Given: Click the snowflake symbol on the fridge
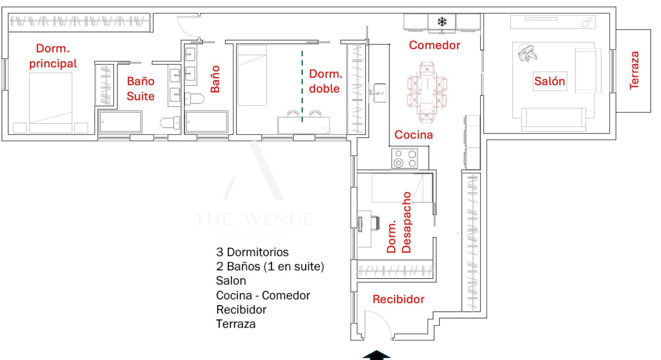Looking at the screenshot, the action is click(442, 22).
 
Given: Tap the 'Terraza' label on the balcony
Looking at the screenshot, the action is click(634, 70).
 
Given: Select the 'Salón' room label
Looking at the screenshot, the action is click(549, 81).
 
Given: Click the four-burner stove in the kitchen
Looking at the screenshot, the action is click(405, 158).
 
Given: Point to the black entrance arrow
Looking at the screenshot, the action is click(377, 356).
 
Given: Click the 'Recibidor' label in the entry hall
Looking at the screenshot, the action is click(398, 299).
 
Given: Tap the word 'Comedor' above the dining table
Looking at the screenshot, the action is click(434, 45).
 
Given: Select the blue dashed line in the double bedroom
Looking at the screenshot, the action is click(302, 86).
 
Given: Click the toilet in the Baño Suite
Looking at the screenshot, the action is click(170, 122).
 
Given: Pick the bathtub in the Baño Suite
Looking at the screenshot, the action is click(120, 121).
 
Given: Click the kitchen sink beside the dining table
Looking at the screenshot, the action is click(379, 93).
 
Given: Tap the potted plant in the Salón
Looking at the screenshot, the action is click(527, 53).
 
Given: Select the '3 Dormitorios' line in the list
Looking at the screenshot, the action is click(252, 252).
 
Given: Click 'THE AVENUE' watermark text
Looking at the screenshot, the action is click(255, 219).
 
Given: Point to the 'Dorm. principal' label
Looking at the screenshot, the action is click(53, 56).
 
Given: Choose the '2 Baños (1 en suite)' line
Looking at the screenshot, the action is click(270, 266).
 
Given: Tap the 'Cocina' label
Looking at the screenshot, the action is click(413, 134).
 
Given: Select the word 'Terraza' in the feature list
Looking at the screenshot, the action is click(236, 324).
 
